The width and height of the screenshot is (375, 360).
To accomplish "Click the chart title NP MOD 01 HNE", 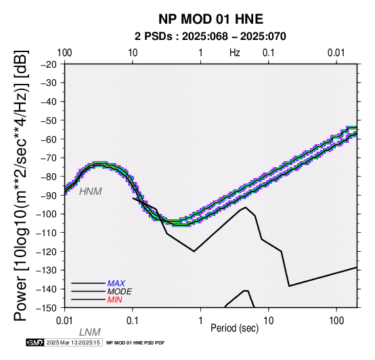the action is [211, 19].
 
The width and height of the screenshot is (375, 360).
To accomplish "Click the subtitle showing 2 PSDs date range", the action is [211, 37].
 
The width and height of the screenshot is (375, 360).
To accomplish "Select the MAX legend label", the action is [116, 284].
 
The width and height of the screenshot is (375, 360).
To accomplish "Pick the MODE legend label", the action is [120, 292].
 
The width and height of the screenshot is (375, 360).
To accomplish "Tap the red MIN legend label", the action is [115, 300].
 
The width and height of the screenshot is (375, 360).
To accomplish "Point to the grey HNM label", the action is [91, 192].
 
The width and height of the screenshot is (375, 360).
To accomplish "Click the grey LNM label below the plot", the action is [89, 332].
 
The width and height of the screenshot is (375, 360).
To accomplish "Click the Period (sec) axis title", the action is [235, 328].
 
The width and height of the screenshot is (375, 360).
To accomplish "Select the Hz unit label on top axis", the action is [235, 53].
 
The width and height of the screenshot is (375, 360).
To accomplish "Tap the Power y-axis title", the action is [21, 185].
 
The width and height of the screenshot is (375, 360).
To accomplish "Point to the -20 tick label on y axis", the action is [49, 64].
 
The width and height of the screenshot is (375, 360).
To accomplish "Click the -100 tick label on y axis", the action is [47, 214].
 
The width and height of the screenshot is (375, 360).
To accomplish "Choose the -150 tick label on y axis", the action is [47, 308].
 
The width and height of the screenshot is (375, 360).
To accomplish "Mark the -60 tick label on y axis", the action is [49, 139].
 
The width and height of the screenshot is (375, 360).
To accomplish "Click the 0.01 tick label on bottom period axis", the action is [64, 321].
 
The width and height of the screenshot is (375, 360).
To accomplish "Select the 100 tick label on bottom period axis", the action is [336, 321].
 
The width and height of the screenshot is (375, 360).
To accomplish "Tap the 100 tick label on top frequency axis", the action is [64, 53].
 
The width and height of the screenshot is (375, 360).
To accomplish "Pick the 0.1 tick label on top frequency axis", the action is [269, 53].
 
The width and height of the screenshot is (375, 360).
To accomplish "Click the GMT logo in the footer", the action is [35, 342].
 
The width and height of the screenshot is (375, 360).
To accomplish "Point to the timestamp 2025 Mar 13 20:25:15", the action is [73, 342].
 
